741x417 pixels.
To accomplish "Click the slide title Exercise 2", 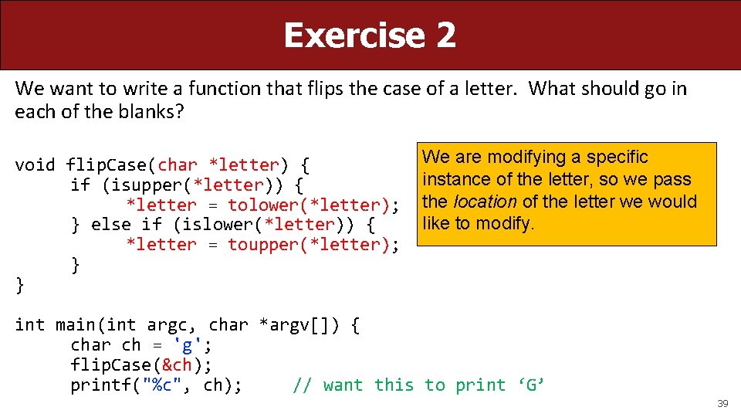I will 370,36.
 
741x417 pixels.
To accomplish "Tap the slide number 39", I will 722,404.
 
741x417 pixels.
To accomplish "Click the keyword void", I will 35,165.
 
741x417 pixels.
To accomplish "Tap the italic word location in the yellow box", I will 485,202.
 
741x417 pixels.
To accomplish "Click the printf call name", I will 101,385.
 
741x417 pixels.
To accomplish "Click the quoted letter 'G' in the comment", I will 532,385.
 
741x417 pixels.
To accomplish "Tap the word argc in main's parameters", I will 167,325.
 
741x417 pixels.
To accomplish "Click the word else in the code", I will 111,225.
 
